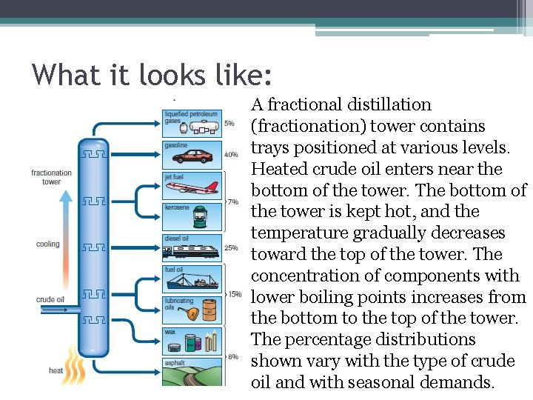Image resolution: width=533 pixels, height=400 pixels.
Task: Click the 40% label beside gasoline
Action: coord(231,155)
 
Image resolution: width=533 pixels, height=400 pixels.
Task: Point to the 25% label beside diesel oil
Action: coord(231,247)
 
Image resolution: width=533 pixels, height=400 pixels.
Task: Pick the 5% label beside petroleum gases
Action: coord(229,124)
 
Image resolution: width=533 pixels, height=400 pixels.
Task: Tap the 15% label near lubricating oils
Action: coord(234,294)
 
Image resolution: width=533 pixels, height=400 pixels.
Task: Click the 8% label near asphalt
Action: coord(232,356)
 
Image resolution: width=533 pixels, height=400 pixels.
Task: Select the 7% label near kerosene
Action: coord(232,201)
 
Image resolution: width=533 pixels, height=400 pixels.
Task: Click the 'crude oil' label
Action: coord(50,299)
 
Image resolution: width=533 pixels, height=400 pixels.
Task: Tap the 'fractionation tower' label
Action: coord(51,177)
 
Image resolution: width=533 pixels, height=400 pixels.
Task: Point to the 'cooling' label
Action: coord(48,244)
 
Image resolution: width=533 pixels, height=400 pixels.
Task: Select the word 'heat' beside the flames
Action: coord(56,370)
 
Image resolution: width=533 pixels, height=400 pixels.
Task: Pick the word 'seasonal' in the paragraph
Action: coord(397,382)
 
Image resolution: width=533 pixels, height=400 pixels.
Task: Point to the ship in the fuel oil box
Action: coord(194,281)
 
